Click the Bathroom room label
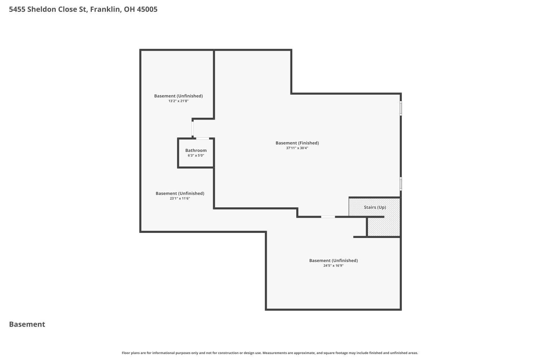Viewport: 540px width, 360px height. coord(196,150)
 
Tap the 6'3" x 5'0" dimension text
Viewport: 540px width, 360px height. coord(196,156)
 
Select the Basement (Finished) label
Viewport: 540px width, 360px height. coord(297,143)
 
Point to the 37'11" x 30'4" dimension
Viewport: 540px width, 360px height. coord(297,148)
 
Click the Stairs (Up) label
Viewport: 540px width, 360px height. coord(375,207)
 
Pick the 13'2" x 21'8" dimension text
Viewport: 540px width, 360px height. coord(179,101)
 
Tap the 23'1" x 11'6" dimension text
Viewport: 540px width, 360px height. coord(180,198)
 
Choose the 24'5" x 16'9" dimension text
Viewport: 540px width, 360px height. coord(333,266)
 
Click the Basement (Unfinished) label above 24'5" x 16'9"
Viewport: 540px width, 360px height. coord(333,261)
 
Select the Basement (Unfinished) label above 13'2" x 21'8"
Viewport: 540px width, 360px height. coord(179,96)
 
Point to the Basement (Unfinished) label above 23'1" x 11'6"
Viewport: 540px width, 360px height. coord(180,193)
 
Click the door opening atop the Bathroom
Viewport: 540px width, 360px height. coord(202,138)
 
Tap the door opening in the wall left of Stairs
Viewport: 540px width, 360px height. coord(328,217)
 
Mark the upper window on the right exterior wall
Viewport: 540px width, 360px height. coord(401,108)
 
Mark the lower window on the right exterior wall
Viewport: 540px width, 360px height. coord(401,184)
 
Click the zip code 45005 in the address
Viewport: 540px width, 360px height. coord(147,9)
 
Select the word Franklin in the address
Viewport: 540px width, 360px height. coord(106,9)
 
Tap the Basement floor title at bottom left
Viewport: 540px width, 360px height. coord(27,324)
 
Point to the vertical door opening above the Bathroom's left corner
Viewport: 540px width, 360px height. coord(193,129)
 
